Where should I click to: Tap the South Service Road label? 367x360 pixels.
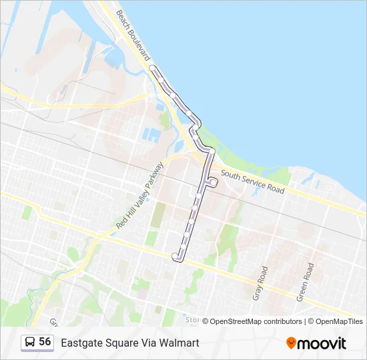click(x=253, y=181)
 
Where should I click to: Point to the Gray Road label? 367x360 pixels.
click(x=260, y=283)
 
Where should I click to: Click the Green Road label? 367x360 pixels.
click(x=306, y=281)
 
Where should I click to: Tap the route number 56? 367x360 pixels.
click(x=45, y=341)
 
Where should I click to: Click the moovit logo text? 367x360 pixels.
click(x=322, y=343)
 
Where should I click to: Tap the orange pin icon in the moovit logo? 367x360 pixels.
click(x=291, y=343)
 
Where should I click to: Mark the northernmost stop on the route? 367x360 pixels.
click(x=152, y=68)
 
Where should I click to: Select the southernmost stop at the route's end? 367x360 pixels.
click(x=175, y=256)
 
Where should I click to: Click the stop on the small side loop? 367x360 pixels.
click(x=212, y=181)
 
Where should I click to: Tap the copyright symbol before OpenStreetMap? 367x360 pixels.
click(x=206, y=321)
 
